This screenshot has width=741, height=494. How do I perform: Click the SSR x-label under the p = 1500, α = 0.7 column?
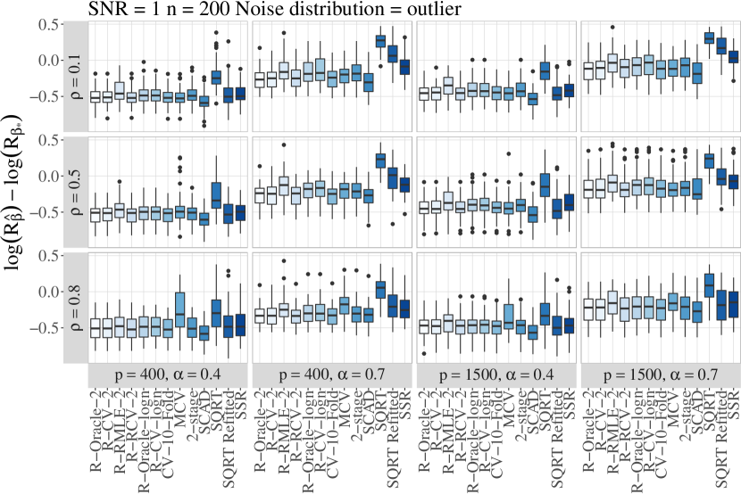click(x=735, y=404)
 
